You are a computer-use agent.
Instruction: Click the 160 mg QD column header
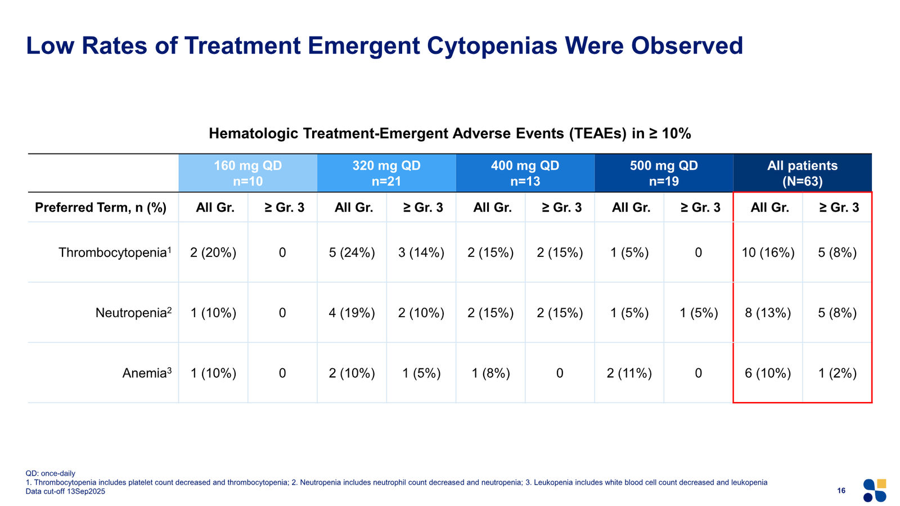(x=248, y=173)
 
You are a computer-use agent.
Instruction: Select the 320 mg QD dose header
(x=386, y=173)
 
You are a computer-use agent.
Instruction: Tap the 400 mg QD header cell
(x=525, y=173)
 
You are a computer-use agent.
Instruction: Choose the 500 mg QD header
(x=664, y=173)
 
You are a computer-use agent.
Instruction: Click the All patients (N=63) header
(x=802, y=173)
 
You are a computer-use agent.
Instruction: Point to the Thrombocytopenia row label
(x=115, y=252)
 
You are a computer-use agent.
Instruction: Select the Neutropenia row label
(x=133, y=313)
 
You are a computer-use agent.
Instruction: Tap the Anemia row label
(x=147, y=373)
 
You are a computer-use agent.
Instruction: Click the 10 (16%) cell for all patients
(x=768, y=252)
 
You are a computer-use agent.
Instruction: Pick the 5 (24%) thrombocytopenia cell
(x=352, y=252)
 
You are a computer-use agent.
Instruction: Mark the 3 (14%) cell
(x=421, y=252)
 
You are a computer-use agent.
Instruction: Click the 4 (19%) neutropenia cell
(x=352, y=313)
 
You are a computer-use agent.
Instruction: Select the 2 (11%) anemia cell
(x=629, y=373)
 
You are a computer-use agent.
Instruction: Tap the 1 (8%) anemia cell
(x=490, y=373)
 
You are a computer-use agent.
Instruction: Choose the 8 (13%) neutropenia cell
(x=768, y=313)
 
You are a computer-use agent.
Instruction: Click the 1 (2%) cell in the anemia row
(x=838, y=373)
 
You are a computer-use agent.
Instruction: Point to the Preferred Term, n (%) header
(x=101, y=207)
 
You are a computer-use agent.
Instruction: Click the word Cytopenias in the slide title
(x=492, y=46)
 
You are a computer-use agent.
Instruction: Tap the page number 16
(x=841, y=490)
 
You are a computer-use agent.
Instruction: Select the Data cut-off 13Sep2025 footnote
(x=65, y=491)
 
